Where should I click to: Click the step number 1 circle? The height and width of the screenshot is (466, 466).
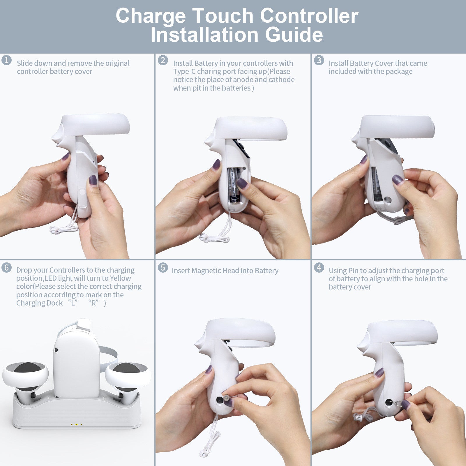(x=6, y=60)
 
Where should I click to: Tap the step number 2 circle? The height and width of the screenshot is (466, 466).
(x=163, y=60)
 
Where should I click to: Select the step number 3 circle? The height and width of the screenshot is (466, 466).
(x=319, y=60)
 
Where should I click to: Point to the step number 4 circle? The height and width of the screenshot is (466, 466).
(x=319, y=268)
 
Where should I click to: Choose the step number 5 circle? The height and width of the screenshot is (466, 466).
(x=163, y=268)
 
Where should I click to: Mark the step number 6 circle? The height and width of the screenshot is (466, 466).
(x=6, y=268)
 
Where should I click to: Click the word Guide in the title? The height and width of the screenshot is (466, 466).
(x=294, y=35)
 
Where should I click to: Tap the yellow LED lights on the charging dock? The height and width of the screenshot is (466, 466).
(x=76, y=425)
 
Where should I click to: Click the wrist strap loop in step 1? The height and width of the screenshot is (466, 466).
(x=63, y=230)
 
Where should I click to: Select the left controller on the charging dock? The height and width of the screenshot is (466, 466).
(x=26, y=379)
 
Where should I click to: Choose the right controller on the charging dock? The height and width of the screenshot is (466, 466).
(x=128, y=379)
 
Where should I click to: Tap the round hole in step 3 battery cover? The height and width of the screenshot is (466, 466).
(x=388, y=200)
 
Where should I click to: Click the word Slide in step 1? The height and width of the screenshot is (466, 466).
(x=25, y=63)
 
